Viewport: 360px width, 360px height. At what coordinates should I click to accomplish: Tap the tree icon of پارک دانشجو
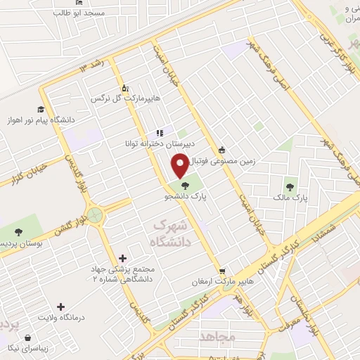point(185,186)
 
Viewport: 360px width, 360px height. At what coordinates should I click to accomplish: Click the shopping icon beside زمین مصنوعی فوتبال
point(223,149)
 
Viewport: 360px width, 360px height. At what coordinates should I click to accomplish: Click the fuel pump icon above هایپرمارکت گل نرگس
point(125,88)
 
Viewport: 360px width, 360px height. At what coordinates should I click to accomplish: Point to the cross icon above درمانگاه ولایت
point(62,307)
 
